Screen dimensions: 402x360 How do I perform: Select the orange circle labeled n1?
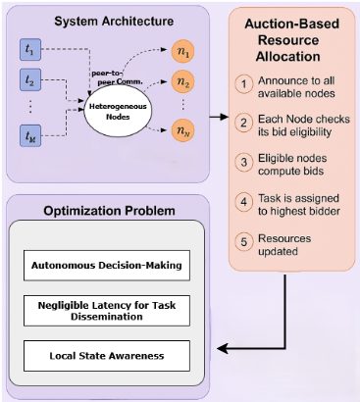tap(180, 49)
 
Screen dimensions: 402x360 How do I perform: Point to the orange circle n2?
tap(180, 82)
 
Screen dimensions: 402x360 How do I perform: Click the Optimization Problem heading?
tap(108, 210)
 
